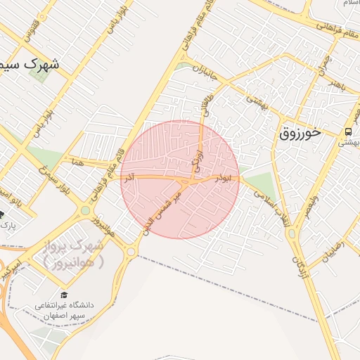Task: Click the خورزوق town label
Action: pos(309,131)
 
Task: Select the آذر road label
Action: pos(129,181)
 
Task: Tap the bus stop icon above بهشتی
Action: pos(348,131)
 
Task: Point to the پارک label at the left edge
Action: pos(7,225)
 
